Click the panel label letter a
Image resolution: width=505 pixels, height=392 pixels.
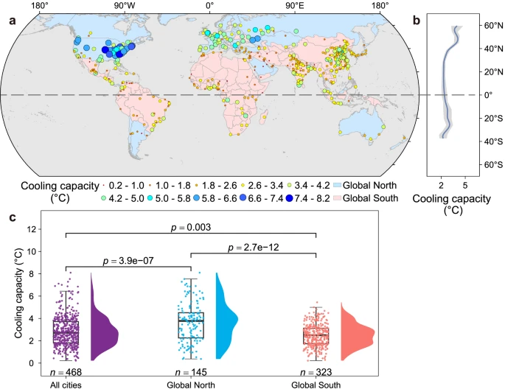click(12, 21)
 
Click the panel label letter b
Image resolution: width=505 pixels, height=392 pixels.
click(417, 21)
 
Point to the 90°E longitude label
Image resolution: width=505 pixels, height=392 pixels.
click(294, 7)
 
